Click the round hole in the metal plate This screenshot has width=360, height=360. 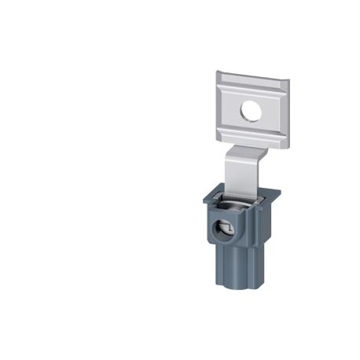(x=251, y=112)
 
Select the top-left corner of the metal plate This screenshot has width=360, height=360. (x=219, y=72)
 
